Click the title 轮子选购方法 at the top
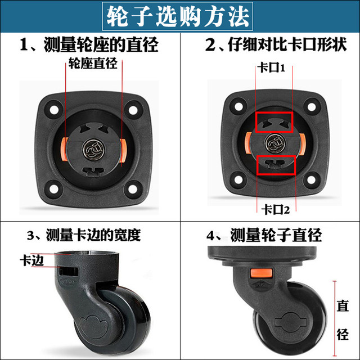coord(179,16)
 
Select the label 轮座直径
coord(93,64)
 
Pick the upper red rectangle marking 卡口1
coord(273,121)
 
